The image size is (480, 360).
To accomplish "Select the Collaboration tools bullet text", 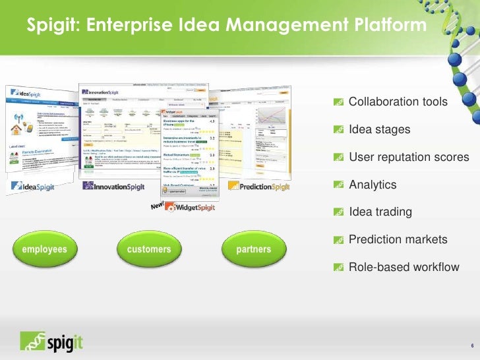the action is click(x=398, y=102).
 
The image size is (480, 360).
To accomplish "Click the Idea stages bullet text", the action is click(x=379, y=130).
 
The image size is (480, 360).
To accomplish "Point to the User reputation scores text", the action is click(x=409, y=158).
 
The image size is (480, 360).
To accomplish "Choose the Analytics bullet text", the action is click(x=373, y=185).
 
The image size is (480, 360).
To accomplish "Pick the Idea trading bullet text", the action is click(x=380, y=212).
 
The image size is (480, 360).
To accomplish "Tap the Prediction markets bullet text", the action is click(x=398, y=239).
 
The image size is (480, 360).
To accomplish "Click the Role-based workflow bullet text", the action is click(x=404, y=267).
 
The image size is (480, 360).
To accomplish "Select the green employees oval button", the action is click(x=45, y=250).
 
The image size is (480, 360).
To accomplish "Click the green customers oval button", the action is click(x=149, y=250).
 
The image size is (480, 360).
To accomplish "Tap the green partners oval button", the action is click(x=253, y=250).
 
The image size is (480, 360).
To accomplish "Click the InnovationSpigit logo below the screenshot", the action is click(x=117, y=186).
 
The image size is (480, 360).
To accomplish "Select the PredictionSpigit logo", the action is click(x=259, y=187).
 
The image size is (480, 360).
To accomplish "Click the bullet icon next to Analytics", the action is click(x=338, y=185).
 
